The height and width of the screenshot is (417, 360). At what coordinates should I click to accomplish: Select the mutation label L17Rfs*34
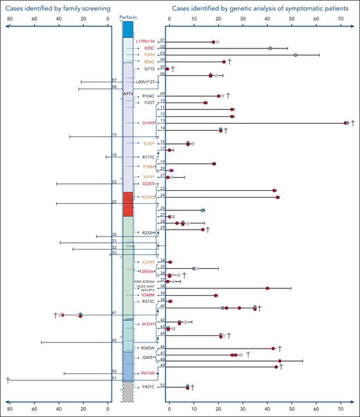tap(145, 41)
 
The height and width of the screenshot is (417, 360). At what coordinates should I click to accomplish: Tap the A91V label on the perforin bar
tap(128, 92)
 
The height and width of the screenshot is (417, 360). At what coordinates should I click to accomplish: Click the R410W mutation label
tap(147, 373)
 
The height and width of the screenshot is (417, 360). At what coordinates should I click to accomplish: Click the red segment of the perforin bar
tap(128, 204)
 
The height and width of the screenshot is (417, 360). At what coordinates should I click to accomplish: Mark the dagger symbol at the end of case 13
tap(353, 122)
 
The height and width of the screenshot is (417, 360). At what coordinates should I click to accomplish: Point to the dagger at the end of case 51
tap(8, 380)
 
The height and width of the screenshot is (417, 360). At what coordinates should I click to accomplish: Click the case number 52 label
tap(162, 385)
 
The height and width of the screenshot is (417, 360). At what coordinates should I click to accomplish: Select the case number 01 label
tap(162, 41)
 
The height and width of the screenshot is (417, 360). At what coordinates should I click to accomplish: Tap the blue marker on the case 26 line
tap(203, 210)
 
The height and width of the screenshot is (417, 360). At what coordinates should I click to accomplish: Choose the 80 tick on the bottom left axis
tap(8, 408)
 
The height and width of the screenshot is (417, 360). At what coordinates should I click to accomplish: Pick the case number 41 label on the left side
tap(114, 313)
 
